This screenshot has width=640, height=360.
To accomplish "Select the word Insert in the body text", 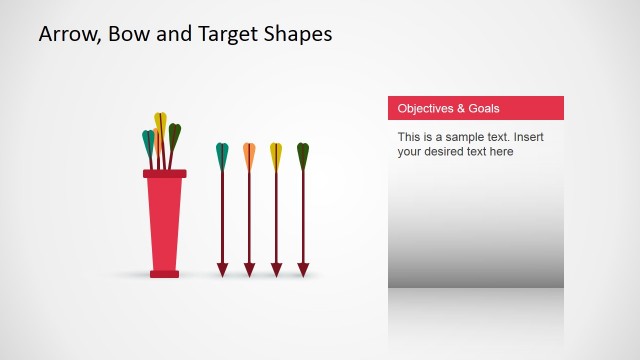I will coord(529,136).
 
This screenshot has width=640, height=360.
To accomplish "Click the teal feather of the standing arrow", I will coord(222,156).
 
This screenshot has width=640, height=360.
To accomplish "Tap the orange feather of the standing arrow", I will coord(249,156).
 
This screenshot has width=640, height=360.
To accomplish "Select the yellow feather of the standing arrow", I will coord(276,156).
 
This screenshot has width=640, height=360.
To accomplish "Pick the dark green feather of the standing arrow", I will coord(303,156).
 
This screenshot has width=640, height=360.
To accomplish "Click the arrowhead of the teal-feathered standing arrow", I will coord(222,269).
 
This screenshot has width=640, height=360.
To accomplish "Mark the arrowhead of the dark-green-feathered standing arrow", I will coord(303,269).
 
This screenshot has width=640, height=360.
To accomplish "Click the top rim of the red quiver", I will coord(165,174).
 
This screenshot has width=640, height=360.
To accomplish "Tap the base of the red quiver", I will coord(165,273).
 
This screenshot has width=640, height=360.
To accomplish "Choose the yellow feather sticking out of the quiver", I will coord(160,123).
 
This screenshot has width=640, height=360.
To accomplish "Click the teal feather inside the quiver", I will coord(148,143).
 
